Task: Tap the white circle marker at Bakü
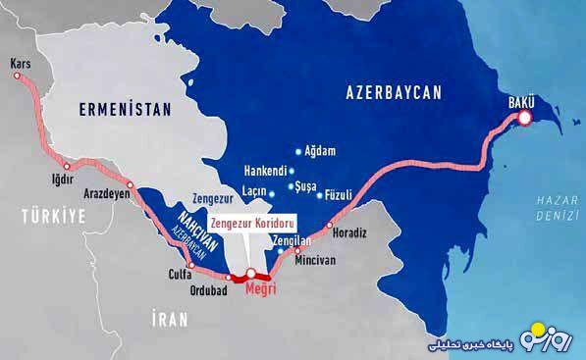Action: [525, 118]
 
